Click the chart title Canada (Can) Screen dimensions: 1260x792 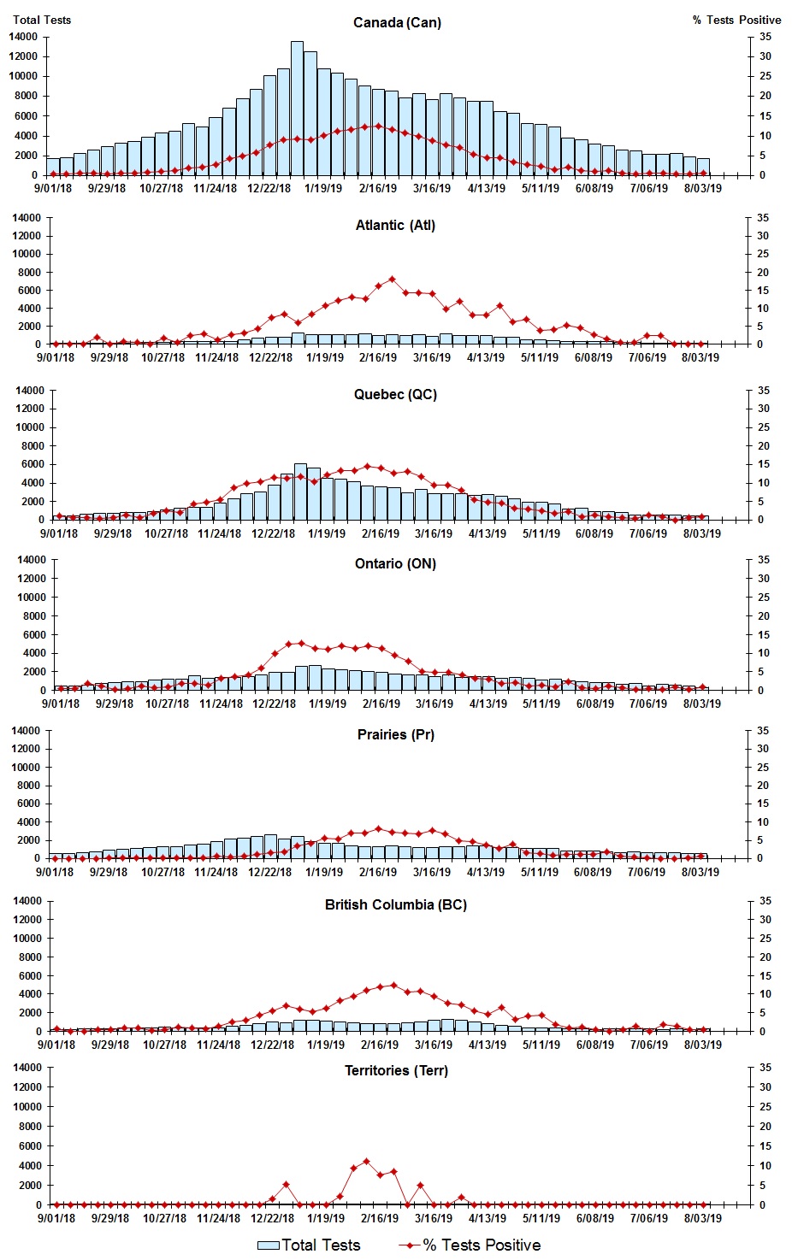[x=397, y=22]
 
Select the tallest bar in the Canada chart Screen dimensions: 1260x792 [x=297, y=108]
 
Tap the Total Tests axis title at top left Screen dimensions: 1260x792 [x=42, y=20]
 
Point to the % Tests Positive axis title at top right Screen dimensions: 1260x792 [x=736, y=20]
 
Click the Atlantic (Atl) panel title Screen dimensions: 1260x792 [x=395, y=226]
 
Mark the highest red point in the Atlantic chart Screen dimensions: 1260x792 [x=392, y=280]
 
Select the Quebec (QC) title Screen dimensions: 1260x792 [x=395, y=395]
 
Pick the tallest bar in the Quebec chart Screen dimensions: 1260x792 [x=300, y=492]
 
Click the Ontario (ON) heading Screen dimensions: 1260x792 [x=395, y=564]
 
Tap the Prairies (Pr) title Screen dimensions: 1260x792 [x=395, y=735]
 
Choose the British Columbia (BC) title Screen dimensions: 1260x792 [x=395, y=905]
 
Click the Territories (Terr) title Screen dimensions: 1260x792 [x=395, y=1071]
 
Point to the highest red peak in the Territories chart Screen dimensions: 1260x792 [x=366, y=1162]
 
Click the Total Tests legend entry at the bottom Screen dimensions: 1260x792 [x=309, y=1245]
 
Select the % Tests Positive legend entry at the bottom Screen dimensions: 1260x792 [x=470, y=1245]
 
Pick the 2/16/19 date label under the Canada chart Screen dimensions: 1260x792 [x=377, y=189]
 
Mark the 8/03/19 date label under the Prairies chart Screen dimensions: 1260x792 [x=700, y=873]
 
